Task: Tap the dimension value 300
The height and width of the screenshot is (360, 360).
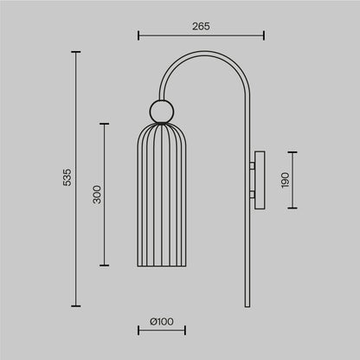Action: [97, 195]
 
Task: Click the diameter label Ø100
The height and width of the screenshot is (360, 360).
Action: [161, 322]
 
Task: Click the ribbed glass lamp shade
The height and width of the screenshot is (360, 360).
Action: [161, 199]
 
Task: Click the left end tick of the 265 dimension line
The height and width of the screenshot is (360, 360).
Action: [139, 36]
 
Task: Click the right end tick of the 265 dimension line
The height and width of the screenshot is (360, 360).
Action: [263, 36]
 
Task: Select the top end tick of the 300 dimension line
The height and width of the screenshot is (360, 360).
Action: [105, 124]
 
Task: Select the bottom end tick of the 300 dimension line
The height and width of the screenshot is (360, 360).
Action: [105, 266]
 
